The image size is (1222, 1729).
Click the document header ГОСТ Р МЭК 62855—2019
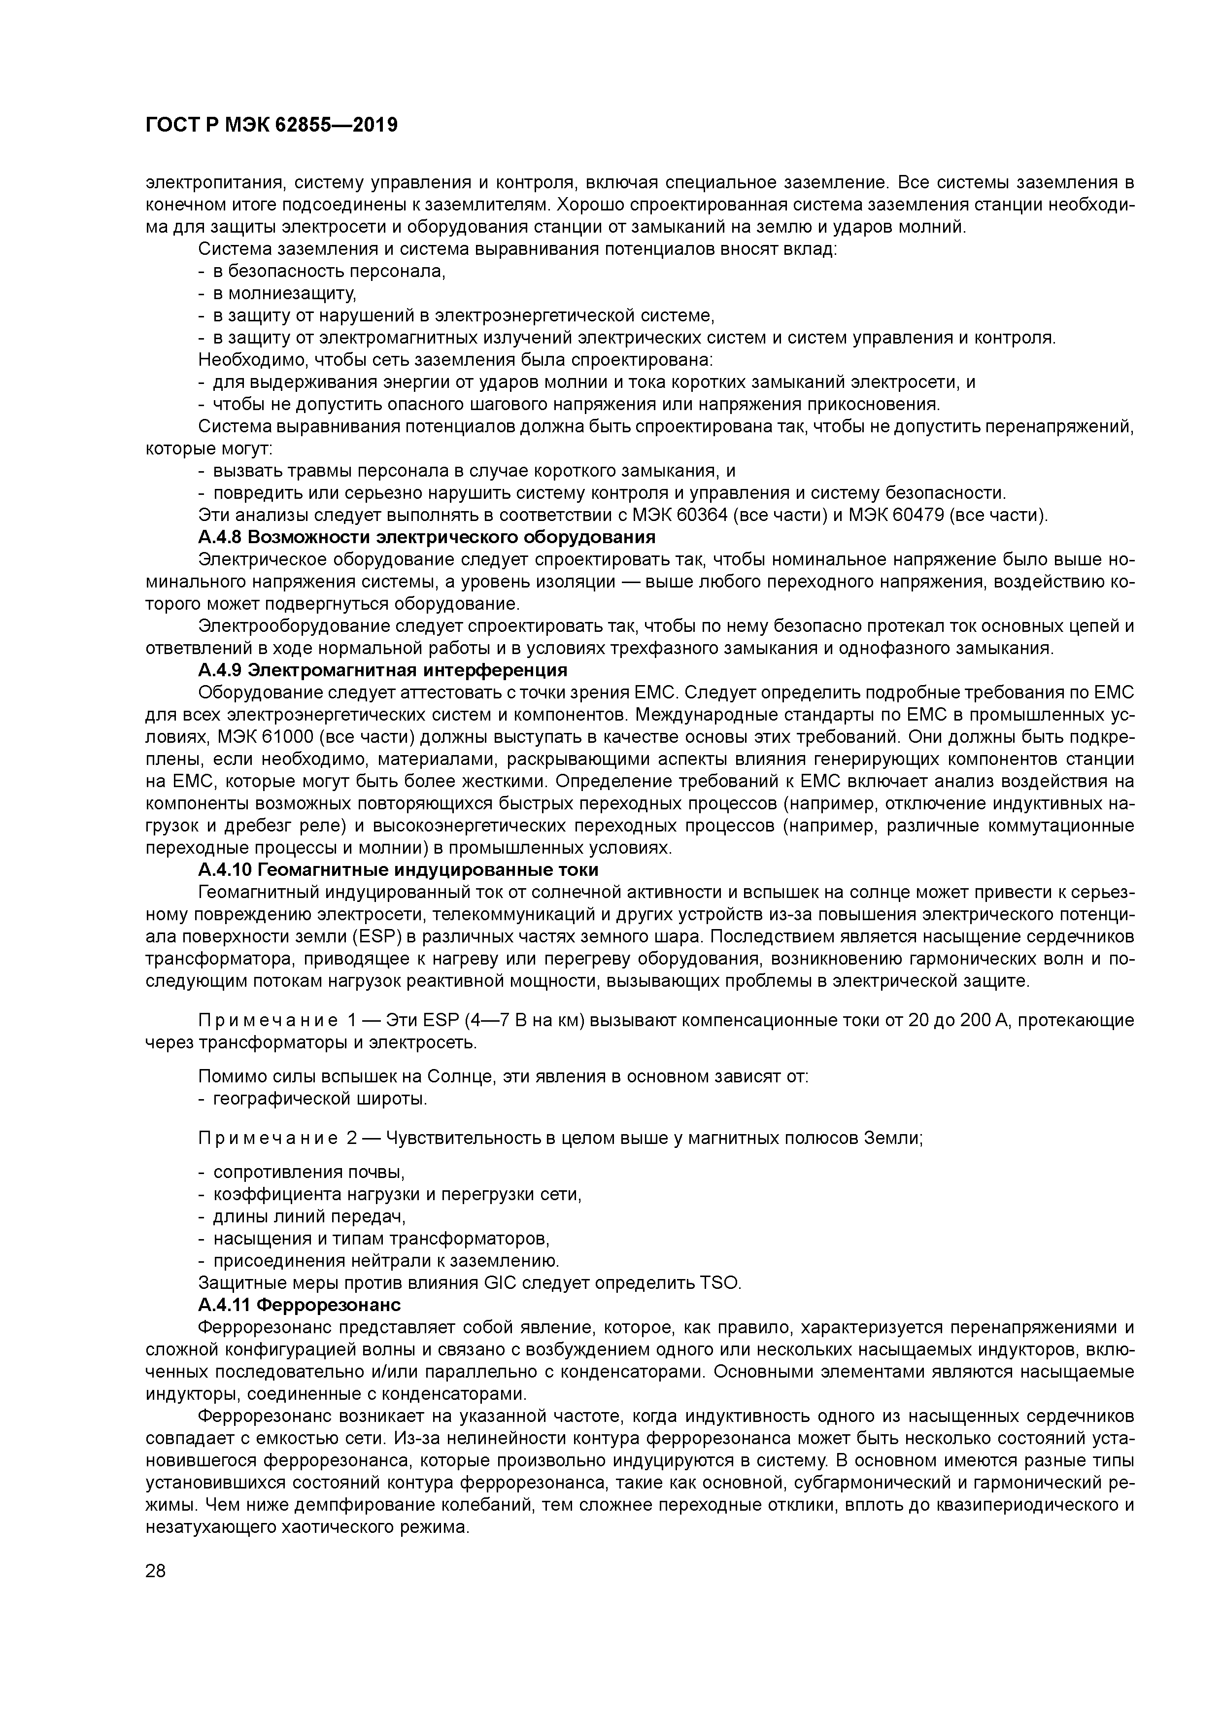[271, 126]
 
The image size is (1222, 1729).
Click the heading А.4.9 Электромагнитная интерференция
[382, 670]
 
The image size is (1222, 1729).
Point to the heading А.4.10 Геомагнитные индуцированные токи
[398, 870]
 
